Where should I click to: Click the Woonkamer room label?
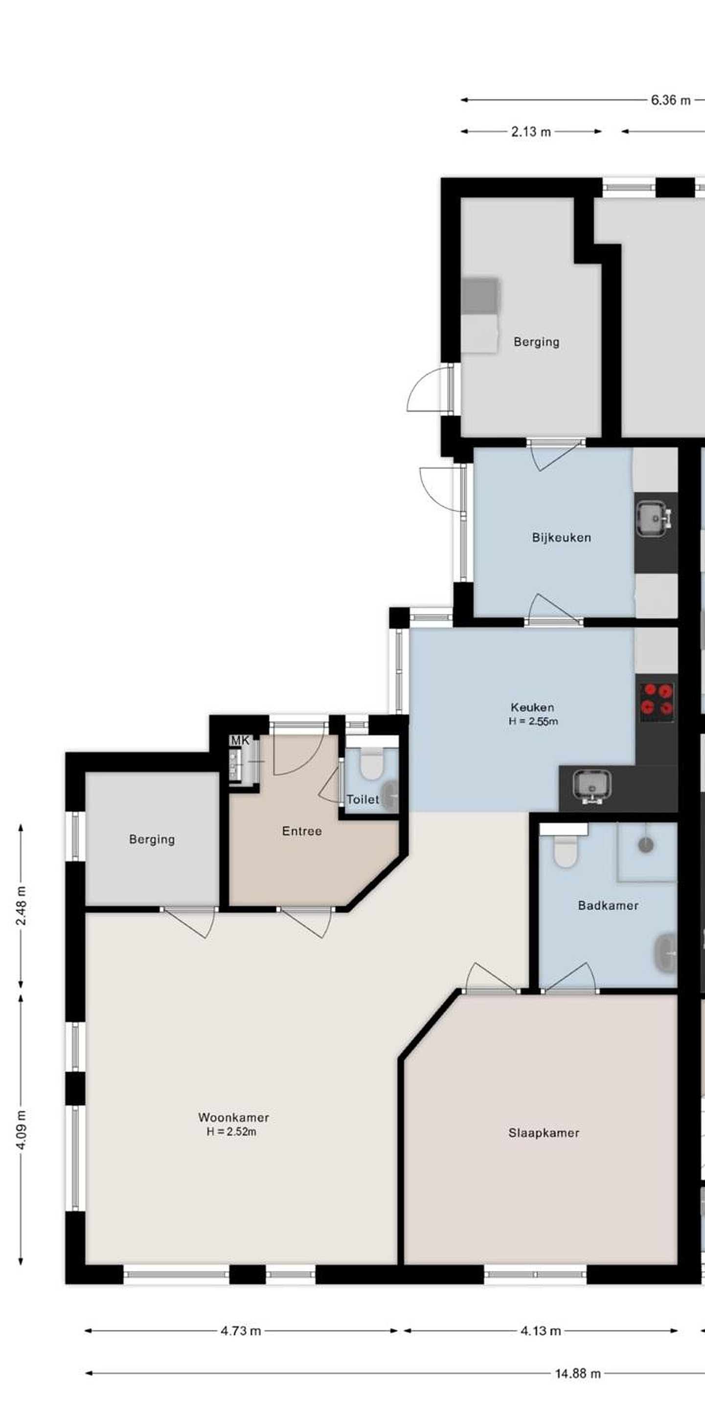point(233,1118)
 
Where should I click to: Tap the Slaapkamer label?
point(544,1133)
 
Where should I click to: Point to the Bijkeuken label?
point(561,538)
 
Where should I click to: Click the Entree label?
point(302,831)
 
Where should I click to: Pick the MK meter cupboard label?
point(240,741)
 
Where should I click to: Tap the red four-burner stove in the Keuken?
point(657,700)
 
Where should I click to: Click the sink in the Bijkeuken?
point(654,517)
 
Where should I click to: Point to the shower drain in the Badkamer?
point(646,844)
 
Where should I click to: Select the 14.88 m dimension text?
point(578,1373)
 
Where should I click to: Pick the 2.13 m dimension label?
point(531,132)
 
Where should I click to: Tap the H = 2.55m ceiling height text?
point(533,722)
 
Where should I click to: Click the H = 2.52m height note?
point(231,1132)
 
